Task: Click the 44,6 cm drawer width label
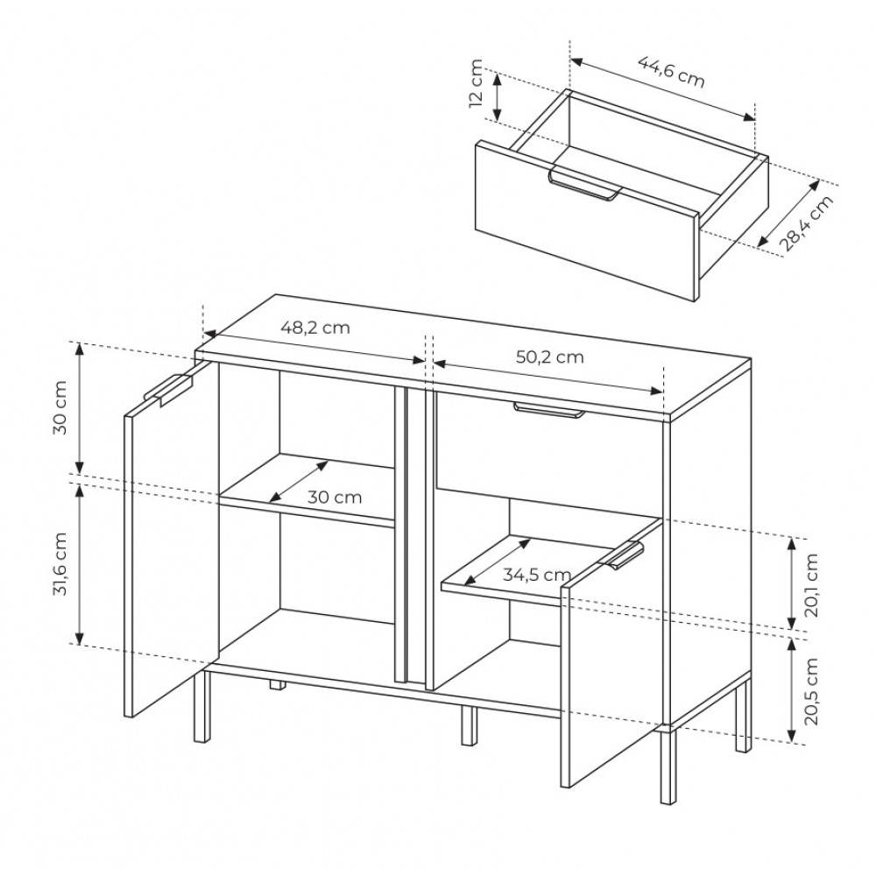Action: (671, 73)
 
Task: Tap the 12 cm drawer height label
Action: (476, 83)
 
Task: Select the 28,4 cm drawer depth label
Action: (805, 223)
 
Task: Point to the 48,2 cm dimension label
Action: (315, 327)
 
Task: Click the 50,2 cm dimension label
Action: (549, 357)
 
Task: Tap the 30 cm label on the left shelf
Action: (335, 497)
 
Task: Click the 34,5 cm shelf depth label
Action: (537, 575)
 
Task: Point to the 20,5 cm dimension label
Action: (811, 691)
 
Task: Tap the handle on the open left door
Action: (168, 388)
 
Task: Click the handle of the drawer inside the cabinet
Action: (548, 409)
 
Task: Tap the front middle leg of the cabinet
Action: (470, 725)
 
